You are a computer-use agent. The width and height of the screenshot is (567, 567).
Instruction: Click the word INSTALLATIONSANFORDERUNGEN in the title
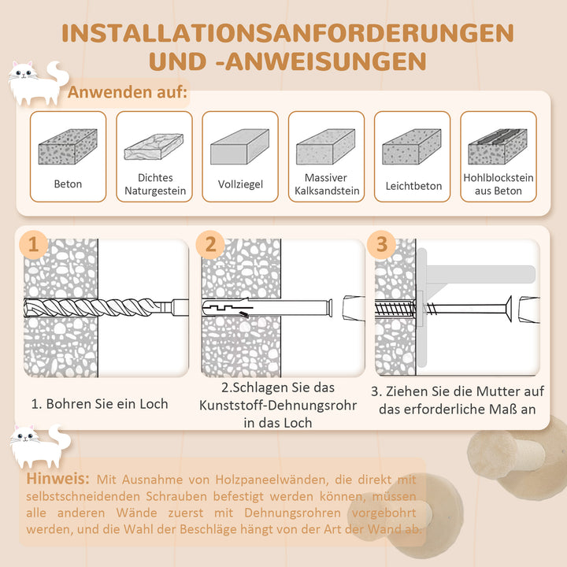tap(283, 32)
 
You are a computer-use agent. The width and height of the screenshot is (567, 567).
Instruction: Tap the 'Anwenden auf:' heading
tap(128, 93)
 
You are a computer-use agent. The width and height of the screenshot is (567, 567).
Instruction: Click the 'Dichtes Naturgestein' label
tap(154, 184)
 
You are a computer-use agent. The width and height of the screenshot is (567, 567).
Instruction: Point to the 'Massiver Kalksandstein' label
tap(326, 184)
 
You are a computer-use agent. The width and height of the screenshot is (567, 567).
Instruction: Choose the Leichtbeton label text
tap(413, 186)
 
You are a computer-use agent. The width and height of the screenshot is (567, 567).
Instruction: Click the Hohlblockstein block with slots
tap(498, 146)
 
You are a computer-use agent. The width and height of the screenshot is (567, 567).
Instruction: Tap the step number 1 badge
tap(33, 244)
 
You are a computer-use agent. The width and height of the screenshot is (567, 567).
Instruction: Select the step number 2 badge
tap(210, 244)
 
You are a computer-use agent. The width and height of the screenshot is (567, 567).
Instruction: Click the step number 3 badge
tap(382, 244)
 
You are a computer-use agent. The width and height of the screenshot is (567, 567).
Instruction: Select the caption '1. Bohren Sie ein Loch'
tap(99, 403)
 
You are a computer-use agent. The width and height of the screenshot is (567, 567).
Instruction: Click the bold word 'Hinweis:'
tap(56, 479)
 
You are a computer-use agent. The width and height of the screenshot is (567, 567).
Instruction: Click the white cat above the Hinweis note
tap(36, 444)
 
